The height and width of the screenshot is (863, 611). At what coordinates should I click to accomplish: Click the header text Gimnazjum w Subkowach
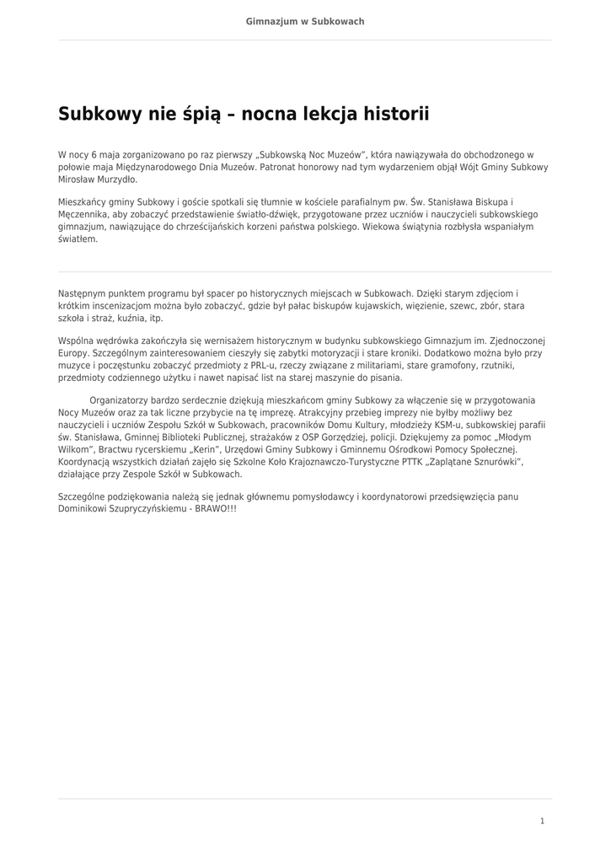pyautogui.click(x=305, y=21)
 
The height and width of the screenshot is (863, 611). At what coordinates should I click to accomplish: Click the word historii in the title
pyautogui.click(x=389, y=114)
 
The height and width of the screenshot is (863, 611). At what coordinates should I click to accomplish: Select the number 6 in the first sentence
pyautogui.click(x=95, y=155)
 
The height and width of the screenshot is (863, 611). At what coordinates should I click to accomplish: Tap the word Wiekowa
pyautogui.click(x=384, y=227)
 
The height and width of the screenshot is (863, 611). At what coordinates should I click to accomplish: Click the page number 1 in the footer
pyautogui.click(x=543, y=821)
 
